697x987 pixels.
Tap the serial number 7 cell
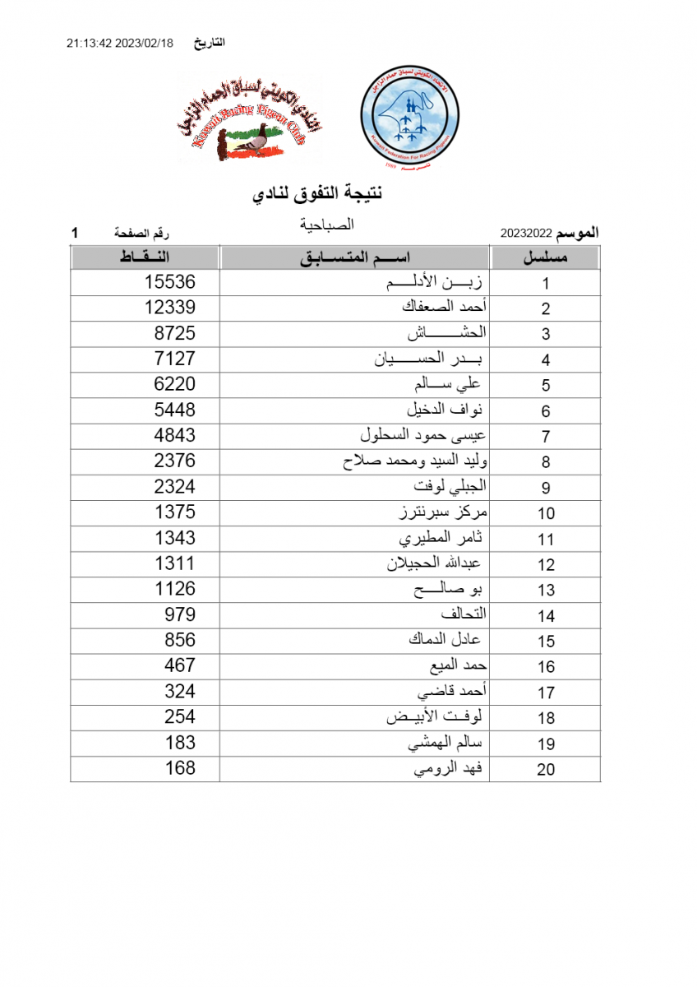(x=546, y=437)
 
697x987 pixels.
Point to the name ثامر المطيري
(x=441, y=538)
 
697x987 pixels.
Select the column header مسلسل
(x=546, y=257)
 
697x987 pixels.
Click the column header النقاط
(x=145, y=257)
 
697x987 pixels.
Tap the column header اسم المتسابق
(x=355, y=257)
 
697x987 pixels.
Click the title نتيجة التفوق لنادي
(x=316, y=194)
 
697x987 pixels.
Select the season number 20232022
(x=526, y=234)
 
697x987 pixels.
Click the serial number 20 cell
(x=546, y=769)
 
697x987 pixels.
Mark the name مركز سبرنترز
(x=442, y=512)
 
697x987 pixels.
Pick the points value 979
(x=179, y=614)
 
